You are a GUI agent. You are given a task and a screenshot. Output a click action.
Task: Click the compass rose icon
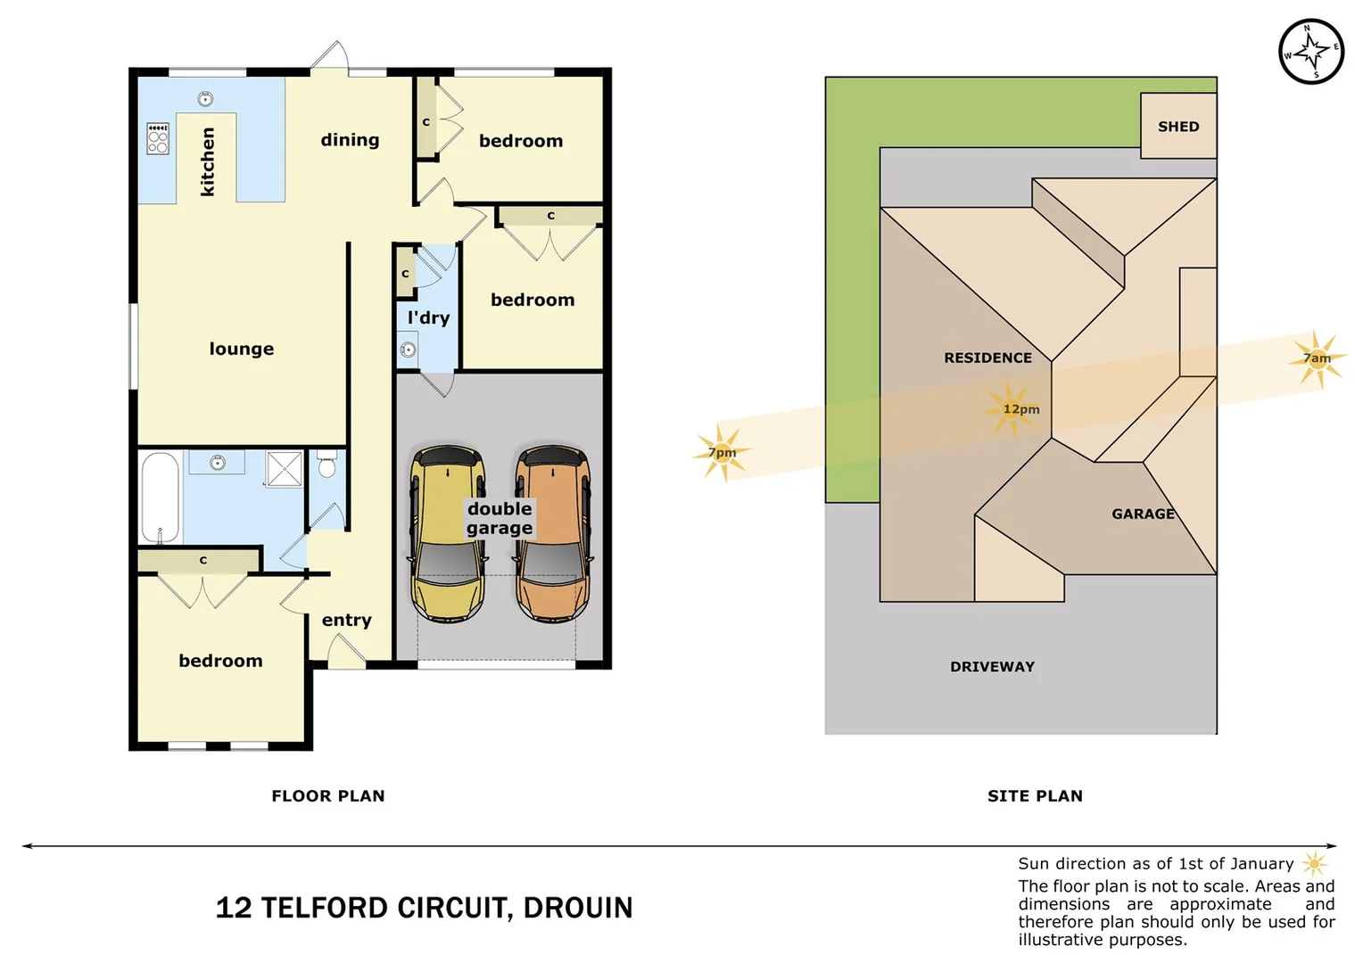pos(1311,51)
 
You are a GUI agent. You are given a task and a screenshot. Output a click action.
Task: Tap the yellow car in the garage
pos(448,534)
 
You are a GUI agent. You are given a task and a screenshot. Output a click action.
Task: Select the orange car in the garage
pos(552,534)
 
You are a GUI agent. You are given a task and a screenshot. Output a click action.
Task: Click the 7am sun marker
pos(1317,358)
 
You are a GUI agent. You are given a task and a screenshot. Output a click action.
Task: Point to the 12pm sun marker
pos(1013,408)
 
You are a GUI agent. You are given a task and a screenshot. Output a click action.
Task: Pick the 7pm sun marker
pos(722,453)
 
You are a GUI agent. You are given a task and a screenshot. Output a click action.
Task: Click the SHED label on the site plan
pos(1178,127)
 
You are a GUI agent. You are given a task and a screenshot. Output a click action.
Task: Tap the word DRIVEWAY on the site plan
pos(992,667)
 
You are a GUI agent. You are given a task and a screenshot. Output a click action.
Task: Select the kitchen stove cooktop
pos(158,139)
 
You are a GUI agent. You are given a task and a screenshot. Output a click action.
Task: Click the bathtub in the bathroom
pos(160,498)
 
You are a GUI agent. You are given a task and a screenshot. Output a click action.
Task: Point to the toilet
pos(326,465)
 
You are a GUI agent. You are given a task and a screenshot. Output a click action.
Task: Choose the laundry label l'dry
pos(428,317)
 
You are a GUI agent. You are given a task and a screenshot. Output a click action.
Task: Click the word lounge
pos(242,349)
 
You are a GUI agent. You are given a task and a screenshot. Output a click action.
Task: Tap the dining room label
pos(350,140)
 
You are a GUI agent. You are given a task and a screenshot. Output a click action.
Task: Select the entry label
pos(346,620)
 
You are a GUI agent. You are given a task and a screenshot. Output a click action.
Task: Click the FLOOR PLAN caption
pos(328,795)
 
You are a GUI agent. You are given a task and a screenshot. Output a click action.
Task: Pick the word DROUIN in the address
pos(578,908)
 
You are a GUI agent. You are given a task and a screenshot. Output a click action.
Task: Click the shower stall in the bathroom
pos(285,468)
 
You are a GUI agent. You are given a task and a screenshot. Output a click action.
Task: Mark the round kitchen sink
pos(205,99)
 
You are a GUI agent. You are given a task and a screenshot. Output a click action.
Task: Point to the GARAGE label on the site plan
pos(1143,514)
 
